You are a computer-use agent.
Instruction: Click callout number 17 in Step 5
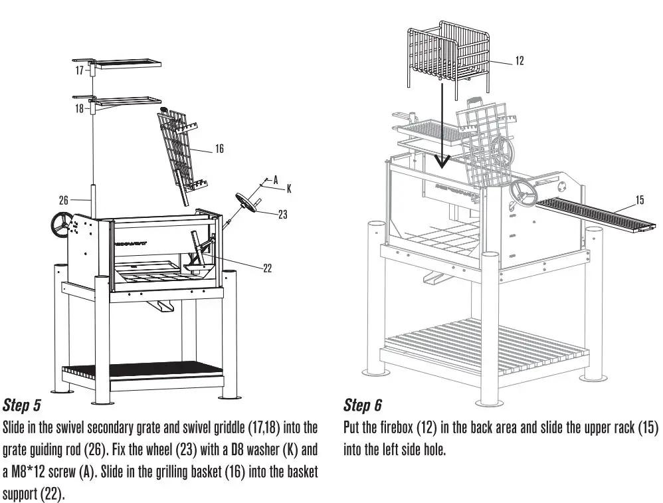pos(79,70)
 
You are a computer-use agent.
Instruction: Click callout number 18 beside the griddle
pos(79,108)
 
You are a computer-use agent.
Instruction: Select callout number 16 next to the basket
pos(219,150)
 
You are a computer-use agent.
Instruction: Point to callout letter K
pos(289,190)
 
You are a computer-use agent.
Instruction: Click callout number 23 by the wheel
pos(282,215)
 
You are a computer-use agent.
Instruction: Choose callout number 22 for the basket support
pos(268,268)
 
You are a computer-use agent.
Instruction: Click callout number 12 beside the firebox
pos(520,61)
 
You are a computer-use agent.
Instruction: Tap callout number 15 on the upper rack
pos(639,200)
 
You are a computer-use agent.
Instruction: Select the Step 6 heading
pos(362,405)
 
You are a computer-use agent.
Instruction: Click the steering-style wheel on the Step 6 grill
pos(524,192)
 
